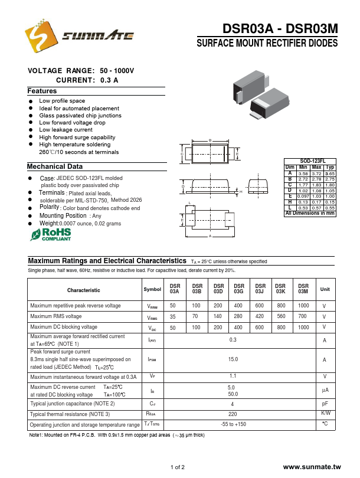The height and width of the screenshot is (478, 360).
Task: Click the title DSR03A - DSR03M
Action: [x=280, y=29]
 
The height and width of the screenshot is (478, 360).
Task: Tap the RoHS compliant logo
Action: [x=51, y=235]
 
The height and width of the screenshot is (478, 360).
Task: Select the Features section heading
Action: [x=42, y=91]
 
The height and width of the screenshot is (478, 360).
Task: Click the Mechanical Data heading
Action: [x=55, y=166]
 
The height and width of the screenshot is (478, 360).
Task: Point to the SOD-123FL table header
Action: [x=309, y=161]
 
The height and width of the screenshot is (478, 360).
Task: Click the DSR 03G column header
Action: [x=238, y=288]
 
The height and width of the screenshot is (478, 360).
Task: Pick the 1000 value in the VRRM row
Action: [x=303, y=306]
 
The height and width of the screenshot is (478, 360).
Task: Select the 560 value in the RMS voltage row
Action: [x=281, y=316]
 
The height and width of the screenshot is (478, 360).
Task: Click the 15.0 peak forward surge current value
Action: [x=233, y=359]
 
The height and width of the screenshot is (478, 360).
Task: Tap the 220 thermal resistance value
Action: [x=233, y=414]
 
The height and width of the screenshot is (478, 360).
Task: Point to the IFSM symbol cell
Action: [x=152, y=359]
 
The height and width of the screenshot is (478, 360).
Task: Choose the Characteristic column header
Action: [x=83, y=290]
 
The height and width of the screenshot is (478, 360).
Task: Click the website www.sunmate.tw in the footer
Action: [x=312, y=467]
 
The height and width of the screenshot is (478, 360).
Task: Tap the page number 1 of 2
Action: [x=177, y=467]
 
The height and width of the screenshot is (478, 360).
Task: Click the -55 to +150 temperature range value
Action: [x=233, y=424]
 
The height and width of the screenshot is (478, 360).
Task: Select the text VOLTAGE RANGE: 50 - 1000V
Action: [x=81, y=71]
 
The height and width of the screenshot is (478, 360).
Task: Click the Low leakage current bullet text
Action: [x=66, y=130]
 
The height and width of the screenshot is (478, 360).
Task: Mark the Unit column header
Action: [x=325, y=289]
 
